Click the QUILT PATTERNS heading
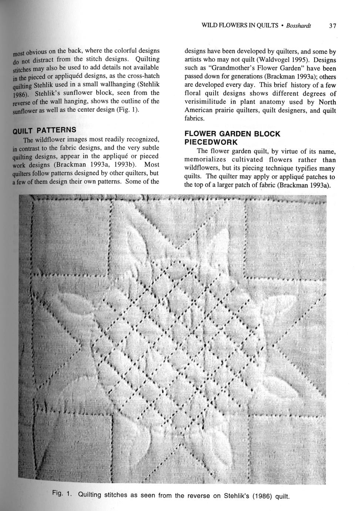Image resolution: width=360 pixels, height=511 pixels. (44, 131)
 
